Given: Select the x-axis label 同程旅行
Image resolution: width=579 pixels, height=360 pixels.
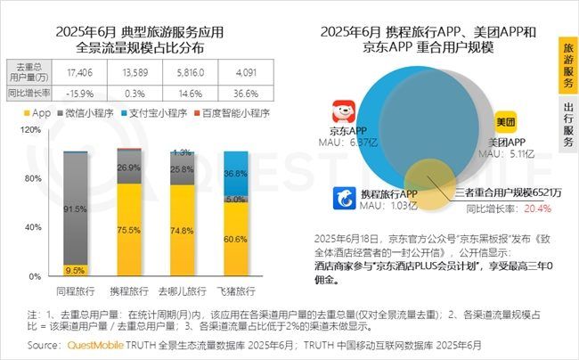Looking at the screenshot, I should pyautogui.click(x=76, y=291).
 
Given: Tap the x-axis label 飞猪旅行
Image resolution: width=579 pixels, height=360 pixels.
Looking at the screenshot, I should pyautogui.click(x=235, y=291).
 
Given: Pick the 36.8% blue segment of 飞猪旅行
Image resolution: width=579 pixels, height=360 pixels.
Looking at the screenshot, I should pyautogui.click(x=235, y=172).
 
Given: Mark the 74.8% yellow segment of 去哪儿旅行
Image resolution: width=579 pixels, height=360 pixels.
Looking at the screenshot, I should pyautogui.click(x=183, y=230).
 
